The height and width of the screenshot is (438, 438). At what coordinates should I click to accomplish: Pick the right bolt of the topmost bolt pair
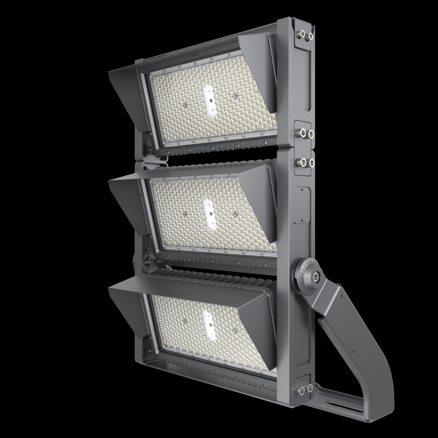point(310,35)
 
